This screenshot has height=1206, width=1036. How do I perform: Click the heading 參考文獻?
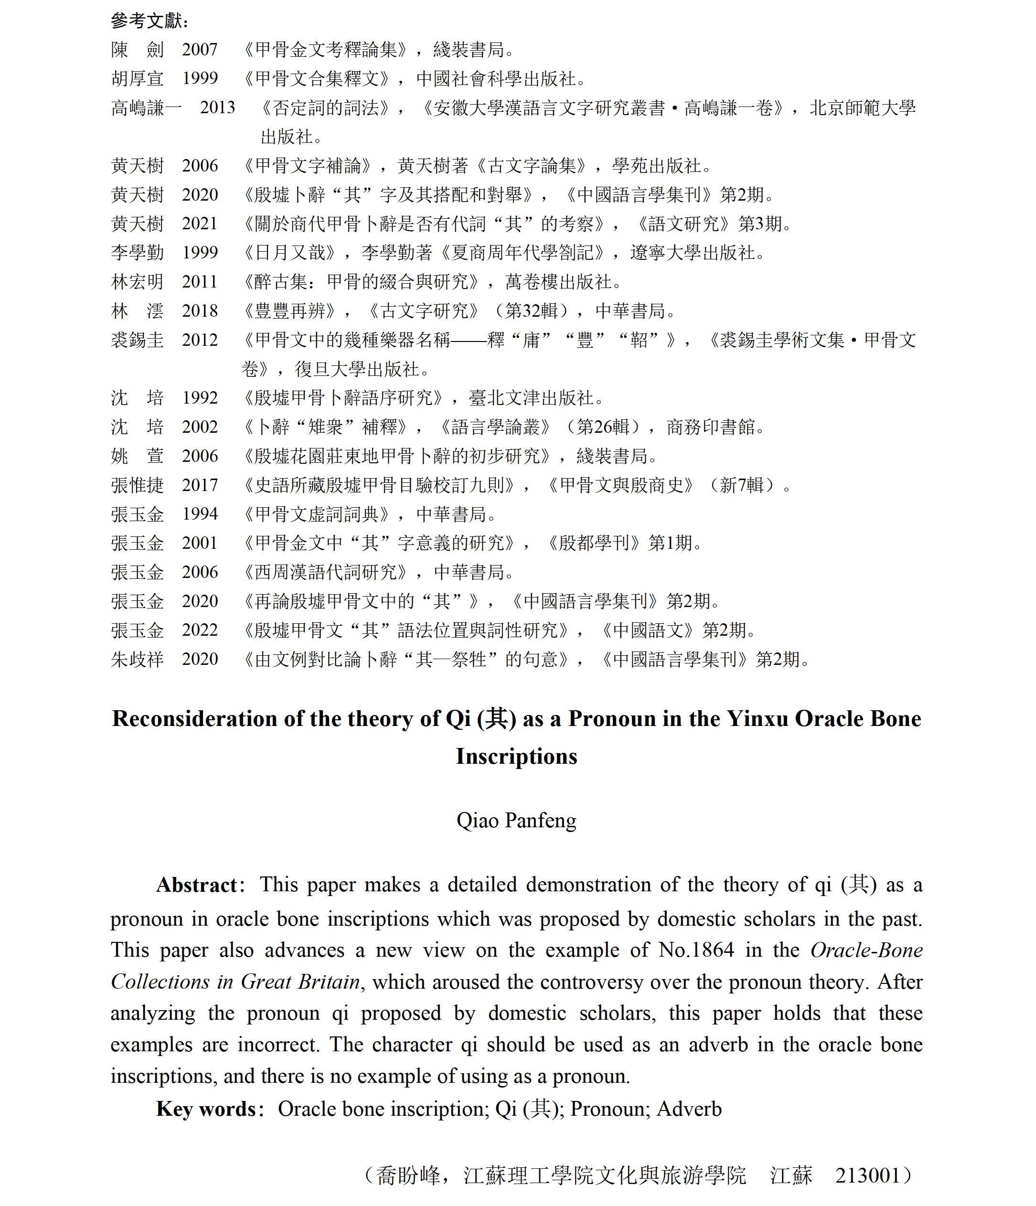point(149,21)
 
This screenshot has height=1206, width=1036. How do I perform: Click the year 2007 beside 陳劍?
point(200,50)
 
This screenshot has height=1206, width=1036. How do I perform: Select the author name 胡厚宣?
point(138,79)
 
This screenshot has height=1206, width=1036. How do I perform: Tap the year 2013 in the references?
point(218,107)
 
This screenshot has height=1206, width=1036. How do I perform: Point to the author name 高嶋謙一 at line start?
point(146,107)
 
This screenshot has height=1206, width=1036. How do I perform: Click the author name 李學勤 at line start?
point(138,253)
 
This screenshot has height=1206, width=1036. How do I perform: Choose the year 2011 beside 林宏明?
point(200,282)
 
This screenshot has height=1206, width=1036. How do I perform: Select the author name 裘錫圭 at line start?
point(138,340)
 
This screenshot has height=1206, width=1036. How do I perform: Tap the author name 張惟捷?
point(138,485)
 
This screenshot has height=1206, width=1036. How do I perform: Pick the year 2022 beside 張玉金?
point(200,630)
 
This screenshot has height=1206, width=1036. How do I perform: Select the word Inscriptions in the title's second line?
point(516,756)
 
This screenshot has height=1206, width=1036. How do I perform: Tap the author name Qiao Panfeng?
point(516,820)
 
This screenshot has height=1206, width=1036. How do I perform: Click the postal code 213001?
point(867,1175)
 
